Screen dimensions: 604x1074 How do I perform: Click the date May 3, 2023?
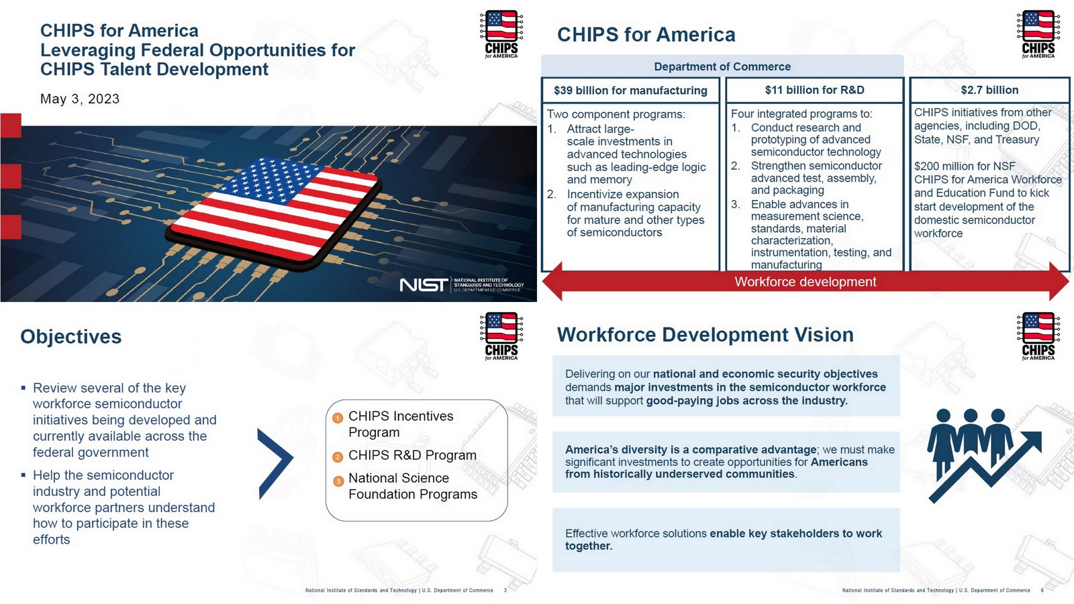click(80, 99)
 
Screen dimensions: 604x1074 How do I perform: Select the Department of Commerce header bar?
click(722, 66)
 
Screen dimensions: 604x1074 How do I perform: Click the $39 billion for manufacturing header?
click(630, 90)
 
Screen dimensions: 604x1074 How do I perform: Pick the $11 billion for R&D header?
click(814, 90)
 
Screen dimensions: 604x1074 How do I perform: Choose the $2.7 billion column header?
click(989, 90)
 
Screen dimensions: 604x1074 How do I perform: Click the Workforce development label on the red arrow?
click(805, 282)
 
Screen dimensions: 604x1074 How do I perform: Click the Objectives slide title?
click(71, 337)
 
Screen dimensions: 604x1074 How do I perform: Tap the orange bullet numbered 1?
click(338, 418)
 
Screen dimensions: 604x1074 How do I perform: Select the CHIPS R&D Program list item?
click(412, 456)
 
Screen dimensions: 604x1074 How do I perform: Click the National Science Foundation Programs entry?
click(412, 486)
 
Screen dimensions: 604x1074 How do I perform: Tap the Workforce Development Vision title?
click(705, 335)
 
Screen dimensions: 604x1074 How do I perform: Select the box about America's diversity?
click(726, 462)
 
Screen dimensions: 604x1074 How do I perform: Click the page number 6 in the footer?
click(1042, 591)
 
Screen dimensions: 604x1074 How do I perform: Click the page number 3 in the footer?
click(505, 591)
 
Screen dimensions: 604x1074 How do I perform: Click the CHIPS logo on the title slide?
click(501, 34)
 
